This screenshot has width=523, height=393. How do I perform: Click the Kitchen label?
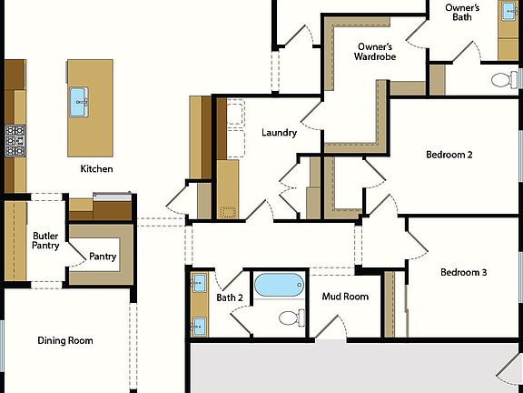[x=96, y=169]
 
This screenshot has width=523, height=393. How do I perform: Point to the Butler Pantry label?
[x=45, y=241]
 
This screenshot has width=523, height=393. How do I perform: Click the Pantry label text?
[x=103, y=257]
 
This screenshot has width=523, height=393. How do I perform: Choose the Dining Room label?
[x=65, y=341]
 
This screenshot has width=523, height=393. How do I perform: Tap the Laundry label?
[x=279, y=133]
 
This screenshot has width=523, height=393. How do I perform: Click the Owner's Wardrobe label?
[x=374, y=51]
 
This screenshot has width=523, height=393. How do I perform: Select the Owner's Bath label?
[x=462, y=12]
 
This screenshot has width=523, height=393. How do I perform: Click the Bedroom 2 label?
[x=449, y=155]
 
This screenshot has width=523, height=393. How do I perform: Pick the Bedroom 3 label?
[x=464, y=272]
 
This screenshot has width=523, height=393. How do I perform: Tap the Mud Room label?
[x=345, y=297]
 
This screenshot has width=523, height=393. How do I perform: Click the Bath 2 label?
[x=230, y=297]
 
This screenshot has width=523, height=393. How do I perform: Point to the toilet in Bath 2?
[x=290, y=317]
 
